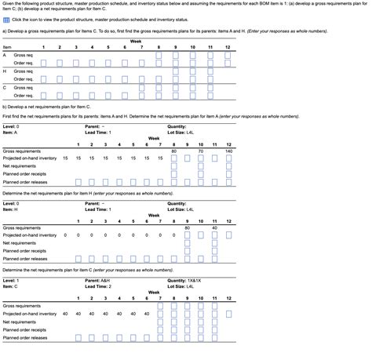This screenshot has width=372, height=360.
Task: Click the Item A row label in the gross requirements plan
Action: tap(5, 56)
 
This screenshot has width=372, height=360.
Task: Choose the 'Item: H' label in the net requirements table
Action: tap(10, 209)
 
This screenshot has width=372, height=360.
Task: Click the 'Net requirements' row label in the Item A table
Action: tap(18, 165)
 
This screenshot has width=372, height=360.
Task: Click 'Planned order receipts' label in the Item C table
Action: tap(24, 329)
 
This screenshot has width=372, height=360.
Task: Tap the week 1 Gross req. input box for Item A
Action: tap(44, 56)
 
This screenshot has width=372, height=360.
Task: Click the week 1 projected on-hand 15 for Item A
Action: tap(66, 158)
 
